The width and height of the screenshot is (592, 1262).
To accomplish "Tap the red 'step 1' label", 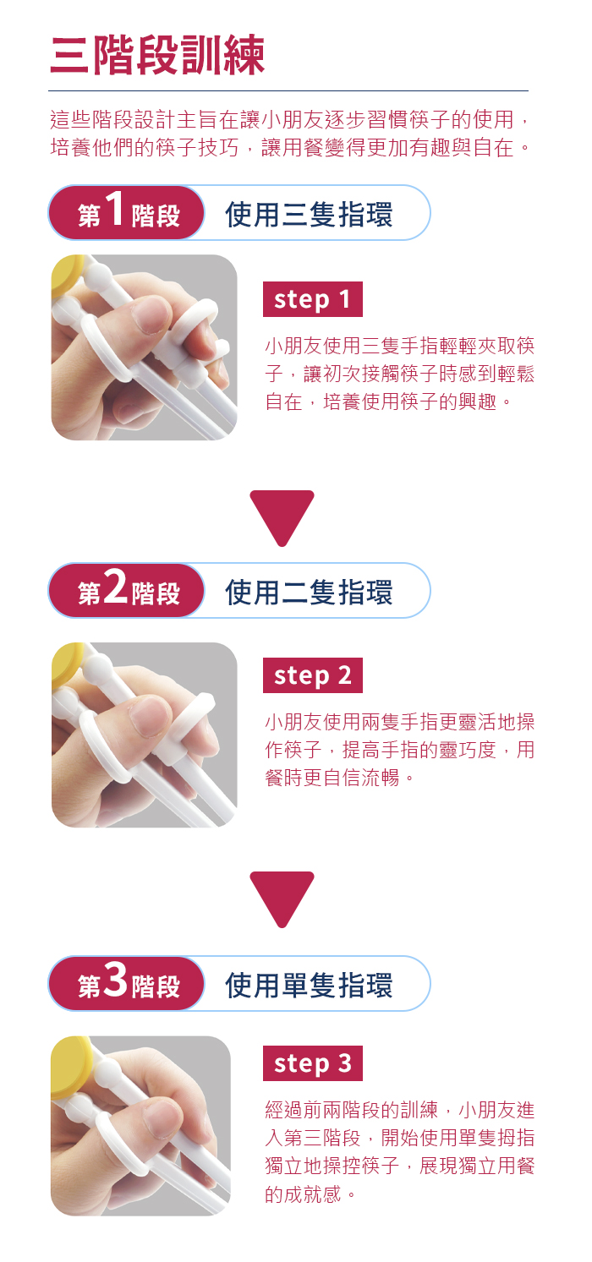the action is coord(312,299).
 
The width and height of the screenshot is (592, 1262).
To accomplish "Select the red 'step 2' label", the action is coord(312,675).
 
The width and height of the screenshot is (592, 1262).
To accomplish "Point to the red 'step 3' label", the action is coord(312,1063).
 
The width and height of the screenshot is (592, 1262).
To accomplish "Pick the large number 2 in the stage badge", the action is coord(116,586).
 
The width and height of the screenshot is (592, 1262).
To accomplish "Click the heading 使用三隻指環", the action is coord(309,215).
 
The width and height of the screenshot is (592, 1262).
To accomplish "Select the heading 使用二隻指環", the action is coord(309,593).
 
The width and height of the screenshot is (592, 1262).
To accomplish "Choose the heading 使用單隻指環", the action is coord(309,986).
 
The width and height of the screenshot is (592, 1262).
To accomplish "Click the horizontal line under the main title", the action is coord(288,90).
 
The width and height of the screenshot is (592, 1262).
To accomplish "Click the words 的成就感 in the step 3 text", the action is coord(303,1194).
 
